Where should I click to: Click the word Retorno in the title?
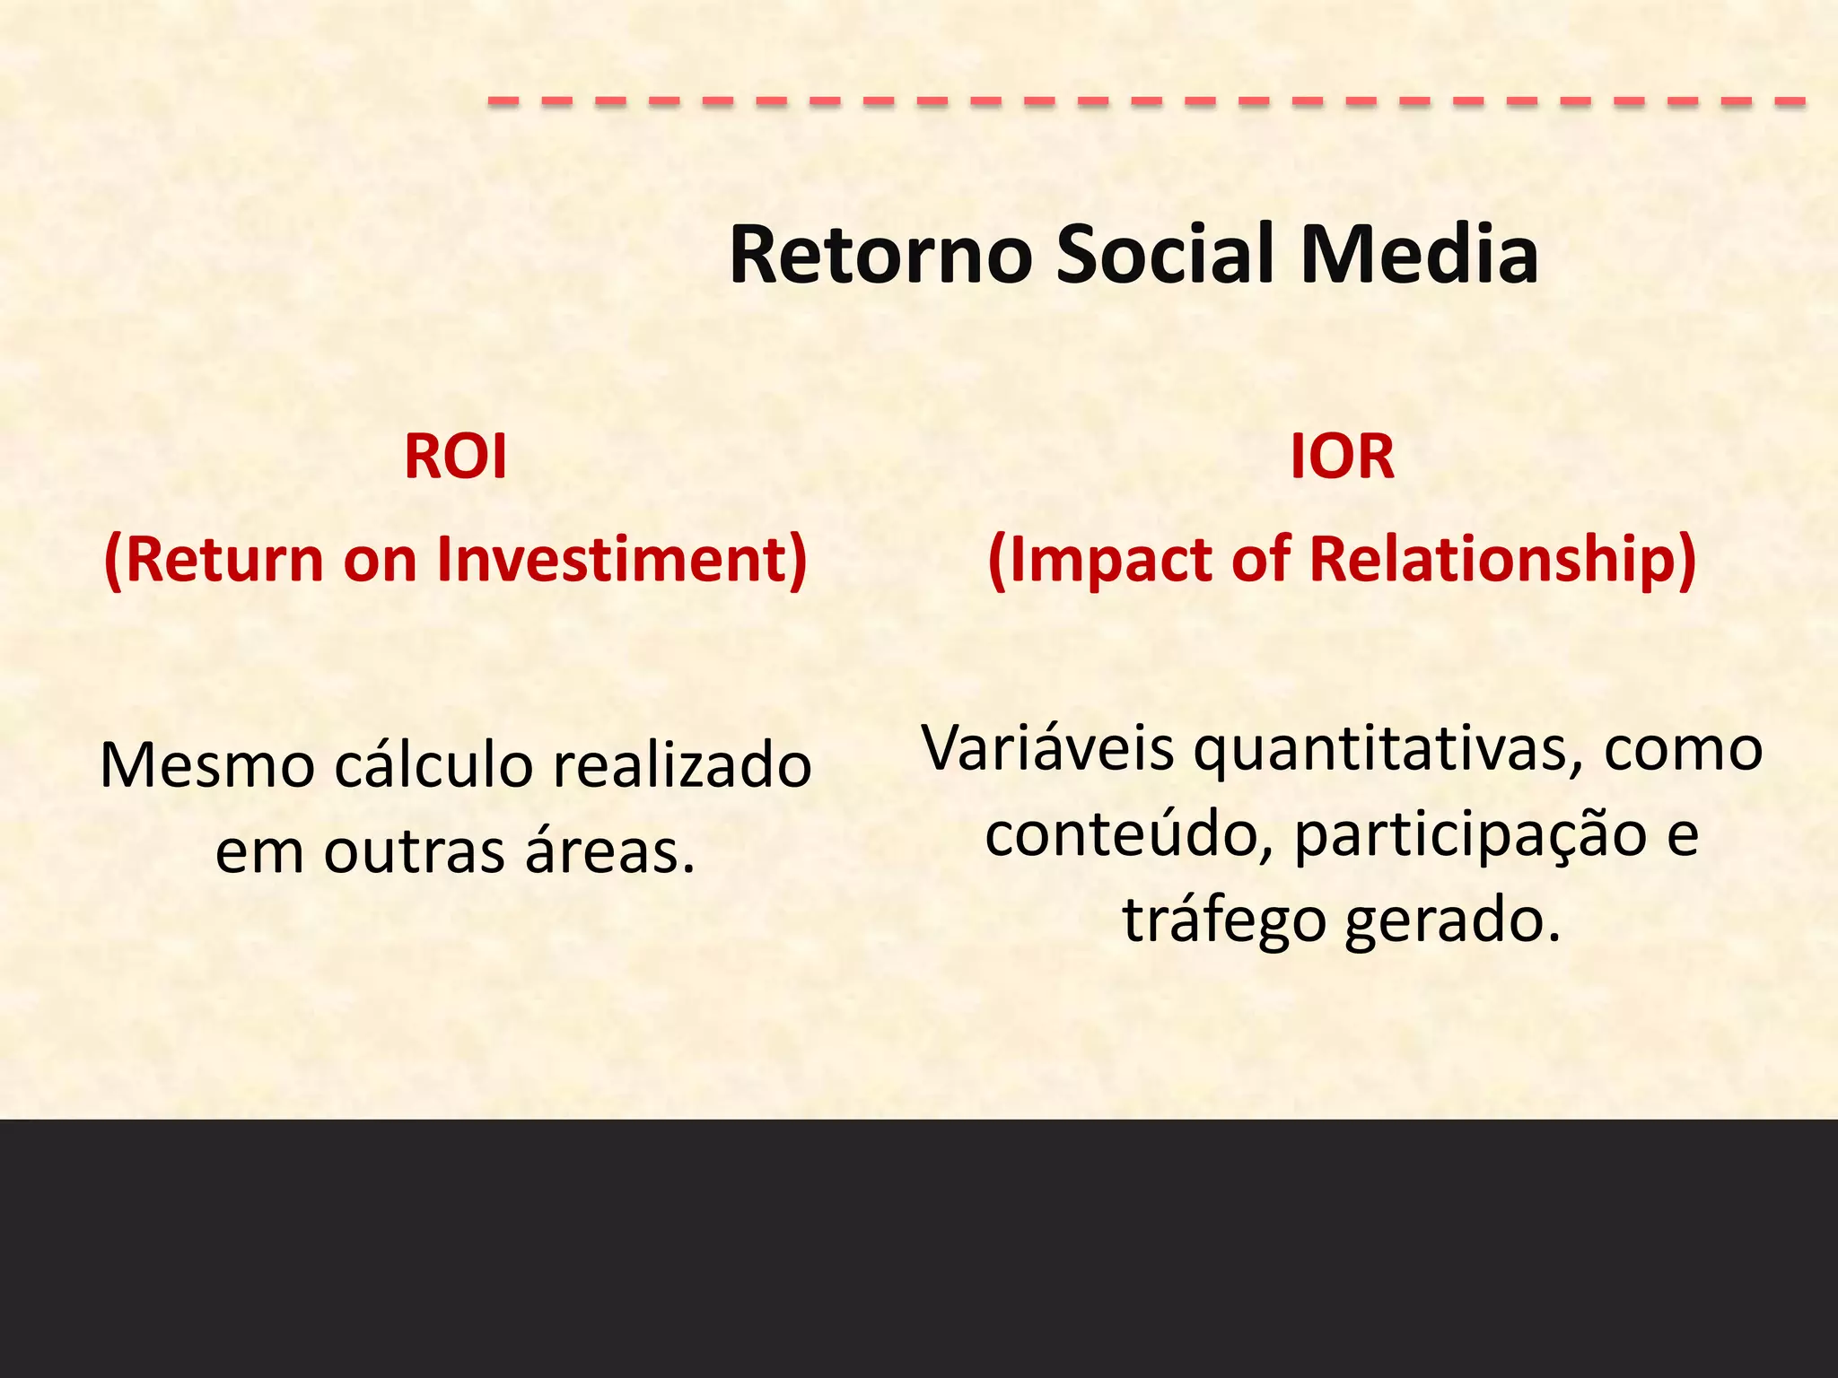coord(880,255)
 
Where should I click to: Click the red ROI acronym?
coord(455,457)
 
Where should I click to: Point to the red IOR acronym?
coord(1342,457)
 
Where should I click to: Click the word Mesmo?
coord(207,766)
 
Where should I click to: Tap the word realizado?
coord(682,766)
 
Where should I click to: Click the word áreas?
coord(610,851)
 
